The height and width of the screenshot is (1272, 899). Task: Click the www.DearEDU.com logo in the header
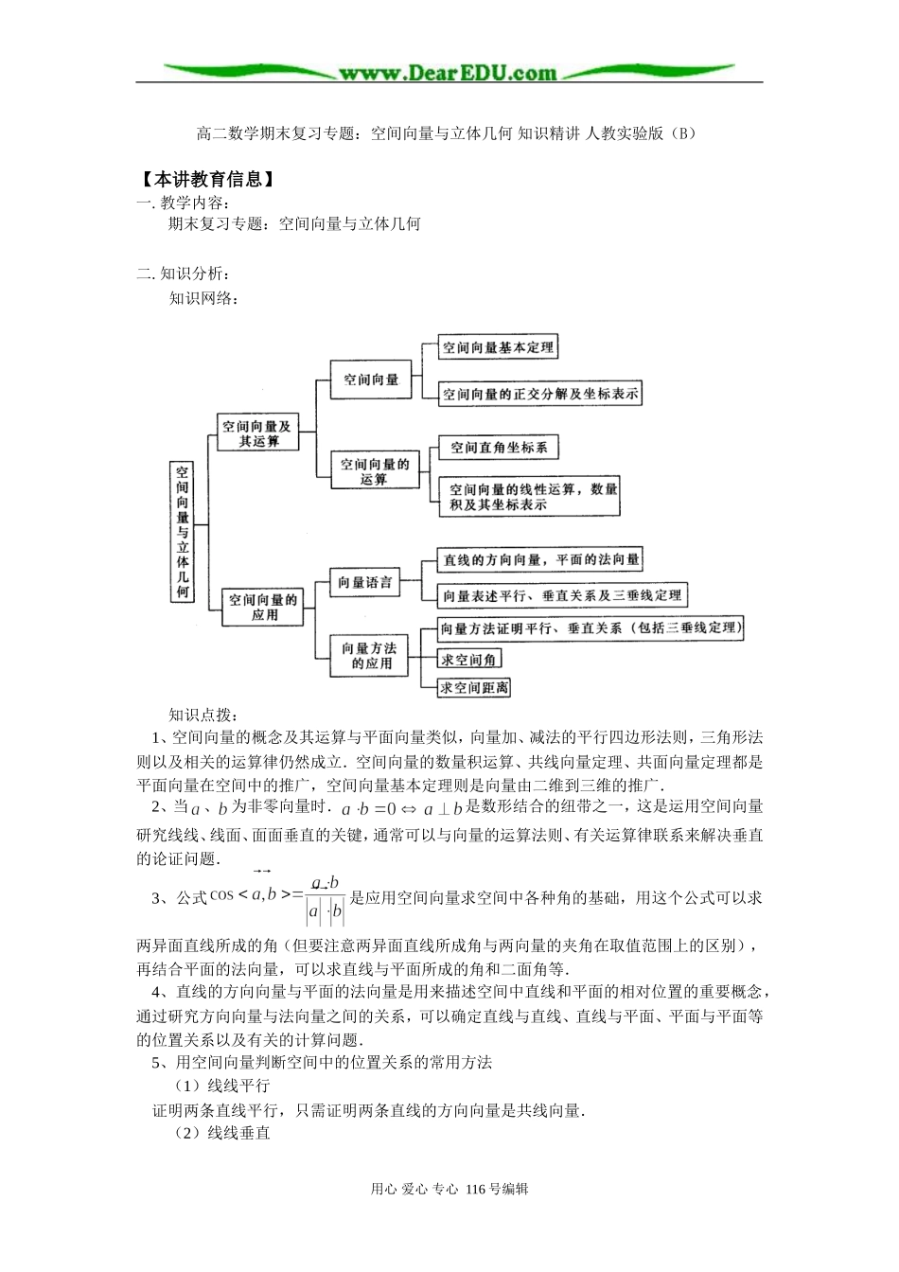coord(448,73)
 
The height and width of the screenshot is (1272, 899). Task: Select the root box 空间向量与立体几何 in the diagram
coord(183,531)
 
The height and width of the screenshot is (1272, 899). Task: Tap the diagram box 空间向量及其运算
coord(257,433)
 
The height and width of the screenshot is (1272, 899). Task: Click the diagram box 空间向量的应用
coord(264,607)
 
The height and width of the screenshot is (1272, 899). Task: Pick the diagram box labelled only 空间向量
coord(371,380)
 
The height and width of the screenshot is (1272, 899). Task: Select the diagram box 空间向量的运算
coord(375,471)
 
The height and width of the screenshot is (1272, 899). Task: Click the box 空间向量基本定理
coord(498,347)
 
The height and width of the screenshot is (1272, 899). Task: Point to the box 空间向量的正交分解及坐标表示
coord(540,394)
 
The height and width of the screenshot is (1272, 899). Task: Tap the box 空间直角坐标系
coord(499,448)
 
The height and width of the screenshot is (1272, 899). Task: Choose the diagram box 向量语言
coord(364,583)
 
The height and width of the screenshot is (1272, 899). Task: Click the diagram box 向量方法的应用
coord(369,655)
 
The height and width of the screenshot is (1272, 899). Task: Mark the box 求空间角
coord(469,660)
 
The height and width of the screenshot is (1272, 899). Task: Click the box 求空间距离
coord(474,688)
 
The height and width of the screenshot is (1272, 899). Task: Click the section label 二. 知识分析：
coord(184,274)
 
